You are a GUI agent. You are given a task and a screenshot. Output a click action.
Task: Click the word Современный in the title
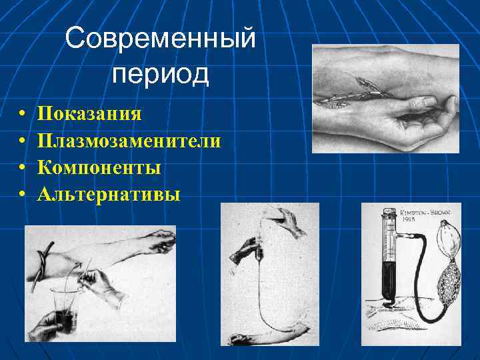click(161, 38)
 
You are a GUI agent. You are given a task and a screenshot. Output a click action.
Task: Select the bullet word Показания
click(89, 113)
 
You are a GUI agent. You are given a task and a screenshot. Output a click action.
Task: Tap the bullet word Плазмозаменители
click(130, 140)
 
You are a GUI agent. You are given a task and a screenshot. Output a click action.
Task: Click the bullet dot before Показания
click(22, 113)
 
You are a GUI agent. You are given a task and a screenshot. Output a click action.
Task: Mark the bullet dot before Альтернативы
click(22, 195)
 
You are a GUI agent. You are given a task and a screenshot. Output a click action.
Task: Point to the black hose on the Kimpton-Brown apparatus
click(420, 267)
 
